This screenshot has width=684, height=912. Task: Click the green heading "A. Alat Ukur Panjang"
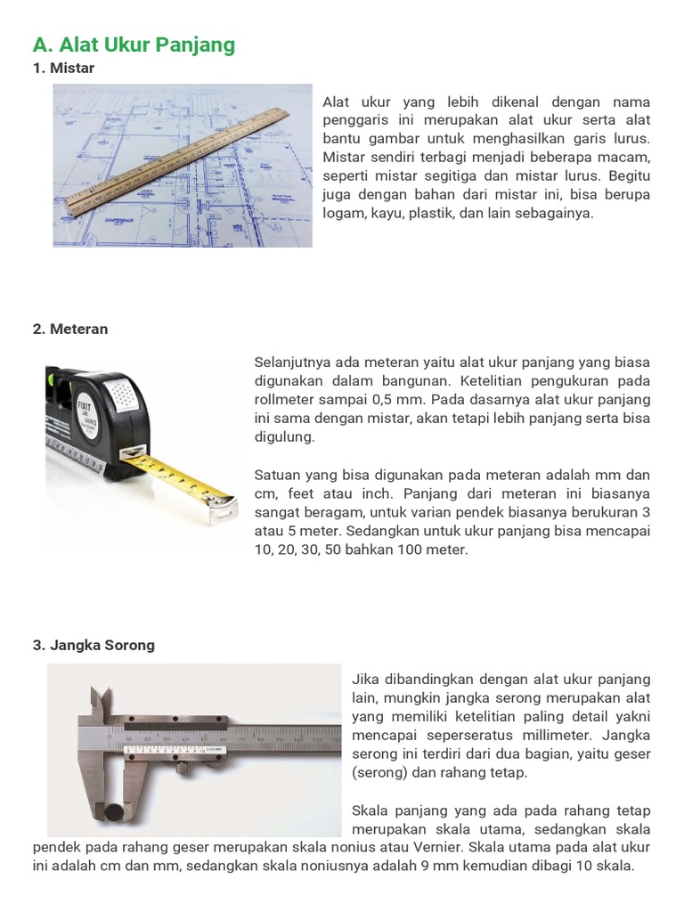(134, 45)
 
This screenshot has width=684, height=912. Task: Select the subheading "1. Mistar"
(63, 68)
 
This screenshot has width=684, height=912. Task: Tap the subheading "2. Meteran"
(70, 330)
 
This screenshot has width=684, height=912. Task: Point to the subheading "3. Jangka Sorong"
(94, 645)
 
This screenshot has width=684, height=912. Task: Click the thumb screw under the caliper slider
(183, 769)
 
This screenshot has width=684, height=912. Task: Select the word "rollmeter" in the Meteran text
(283, 400)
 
